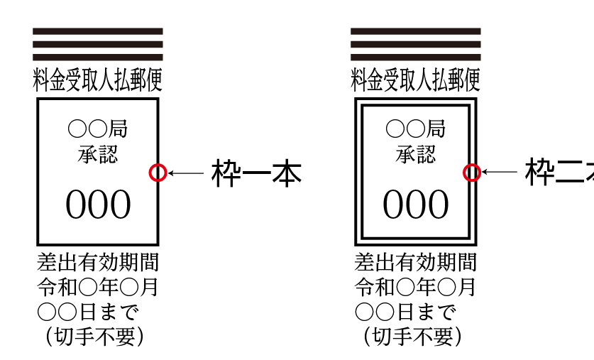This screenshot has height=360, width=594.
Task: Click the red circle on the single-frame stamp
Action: (x=158, y=172)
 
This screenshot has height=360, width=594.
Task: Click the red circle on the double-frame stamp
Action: (x=472, y=172)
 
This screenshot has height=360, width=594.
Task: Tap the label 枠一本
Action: (x=257, y=173)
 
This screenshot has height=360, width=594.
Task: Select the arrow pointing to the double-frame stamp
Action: (x=500, y=172)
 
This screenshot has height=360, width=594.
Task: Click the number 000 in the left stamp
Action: (x=98, y=205)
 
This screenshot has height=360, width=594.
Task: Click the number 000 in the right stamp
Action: (x=416, y=205)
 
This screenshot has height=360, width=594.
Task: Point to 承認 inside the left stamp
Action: (x=98, y=153)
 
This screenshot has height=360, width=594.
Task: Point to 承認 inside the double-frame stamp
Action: (x=416, y=153)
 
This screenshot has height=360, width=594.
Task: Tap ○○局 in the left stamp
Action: (x=98, y=129)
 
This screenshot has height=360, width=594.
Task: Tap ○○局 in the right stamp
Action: (x=416, y=129)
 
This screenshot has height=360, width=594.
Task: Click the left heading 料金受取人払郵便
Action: (x=98, y=80)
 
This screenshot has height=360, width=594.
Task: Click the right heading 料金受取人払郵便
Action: (x=416, y=80)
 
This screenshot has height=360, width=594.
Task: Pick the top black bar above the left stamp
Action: (x=98, y=31)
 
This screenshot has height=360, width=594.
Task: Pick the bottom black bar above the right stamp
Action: (x=416, y=57)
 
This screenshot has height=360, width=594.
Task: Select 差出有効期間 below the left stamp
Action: (x=98, y=263)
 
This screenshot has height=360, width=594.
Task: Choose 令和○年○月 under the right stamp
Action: (x=416, y=288)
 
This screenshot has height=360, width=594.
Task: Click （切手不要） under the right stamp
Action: (x=412, y=336)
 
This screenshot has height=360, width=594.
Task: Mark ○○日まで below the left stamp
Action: (x=88, y=312)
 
